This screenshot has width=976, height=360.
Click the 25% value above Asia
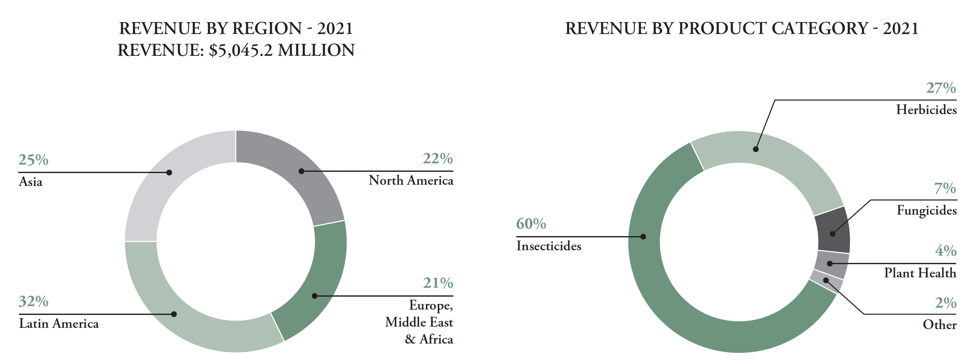(33, 160)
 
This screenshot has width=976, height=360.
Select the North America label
(411, 180)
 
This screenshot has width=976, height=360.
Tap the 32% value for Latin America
(33, 302)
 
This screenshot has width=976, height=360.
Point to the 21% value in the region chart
(438, 283)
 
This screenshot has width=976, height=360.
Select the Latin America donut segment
(189, 318)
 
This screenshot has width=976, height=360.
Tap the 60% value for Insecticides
(531, 224)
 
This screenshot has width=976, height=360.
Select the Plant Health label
(920, 273)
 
